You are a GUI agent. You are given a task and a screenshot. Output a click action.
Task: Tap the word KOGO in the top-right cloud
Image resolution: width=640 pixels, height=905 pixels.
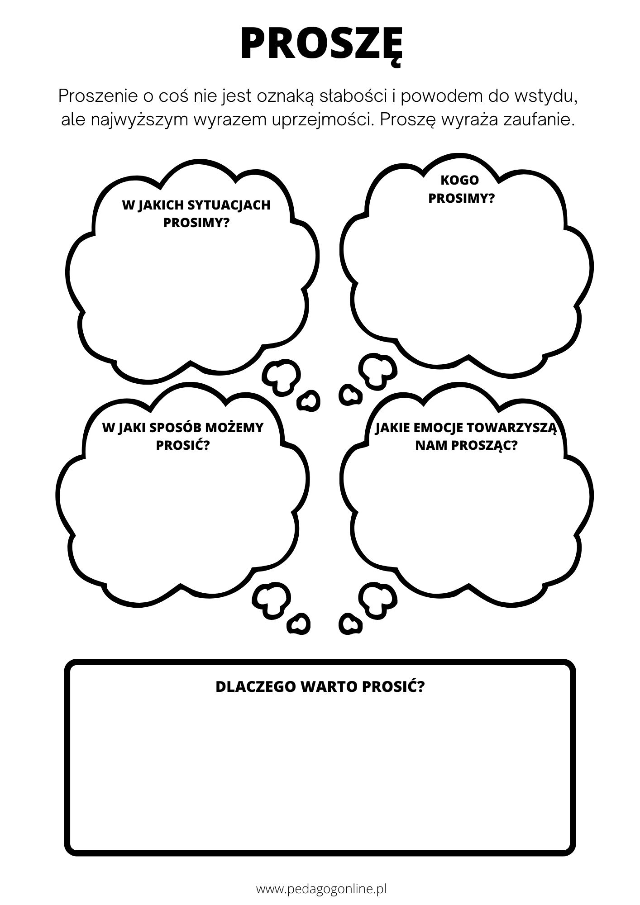459,180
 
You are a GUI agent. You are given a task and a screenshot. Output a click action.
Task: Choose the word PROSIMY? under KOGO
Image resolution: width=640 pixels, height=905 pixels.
461,199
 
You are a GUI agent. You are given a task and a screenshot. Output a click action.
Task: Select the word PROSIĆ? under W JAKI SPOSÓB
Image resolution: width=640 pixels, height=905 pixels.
183,446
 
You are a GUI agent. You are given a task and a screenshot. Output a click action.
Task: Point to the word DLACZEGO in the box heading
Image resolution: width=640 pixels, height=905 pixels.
255,687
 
